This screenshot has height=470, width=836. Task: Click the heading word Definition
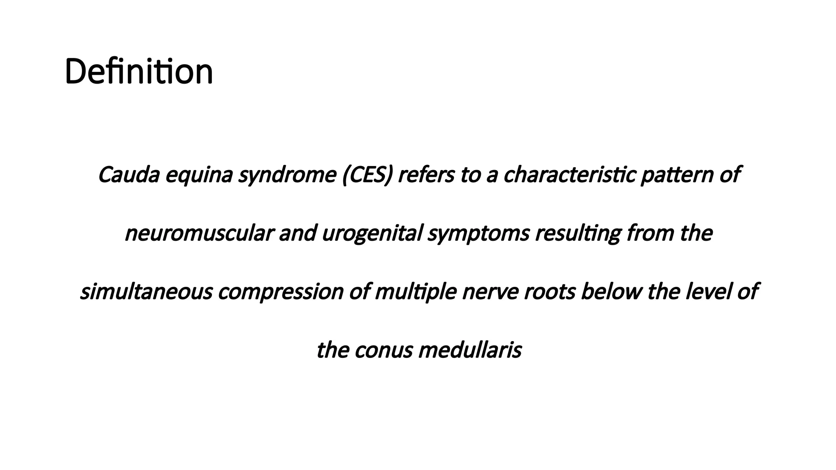[139, 72]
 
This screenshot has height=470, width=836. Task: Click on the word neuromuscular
[199, 234]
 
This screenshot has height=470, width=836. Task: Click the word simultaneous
[146, 292]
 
